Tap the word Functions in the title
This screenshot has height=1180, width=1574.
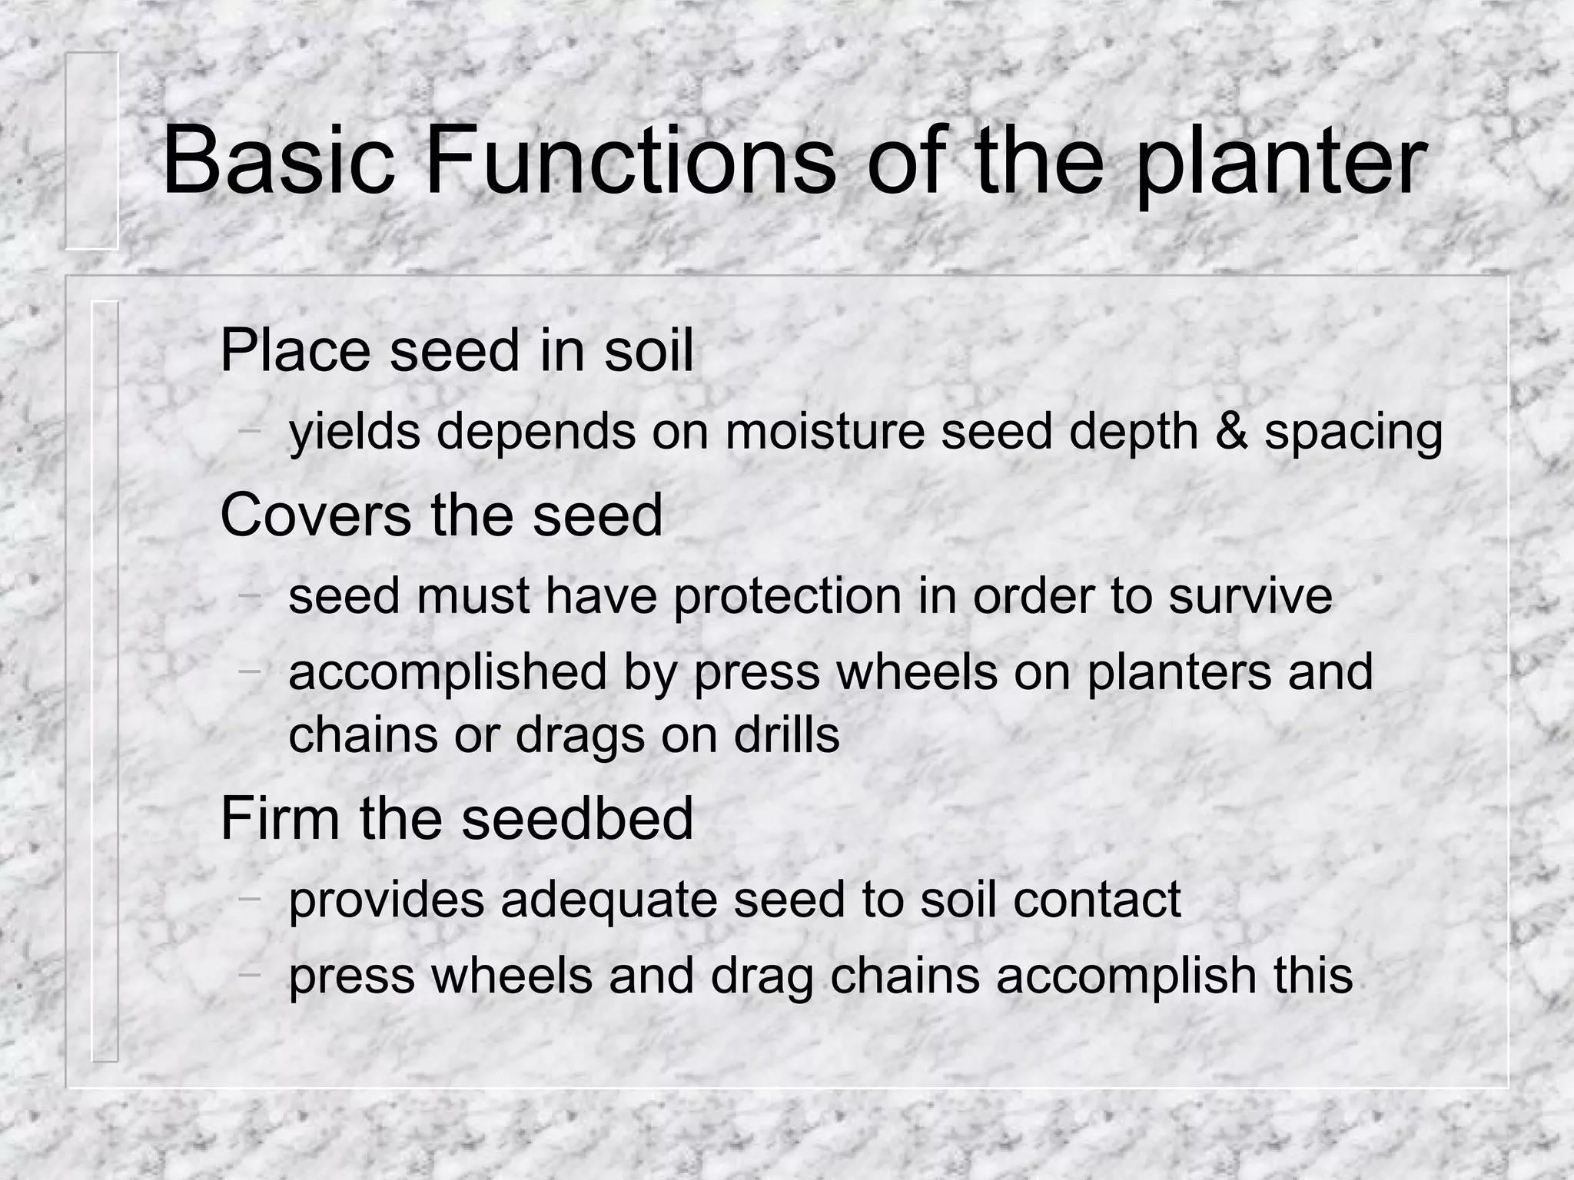[x=629, y=163]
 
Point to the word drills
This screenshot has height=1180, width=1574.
[x=786, y=735]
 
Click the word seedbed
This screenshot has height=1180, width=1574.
[x=576, y=818]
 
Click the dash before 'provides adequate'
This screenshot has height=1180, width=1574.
[x=248, y=897]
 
